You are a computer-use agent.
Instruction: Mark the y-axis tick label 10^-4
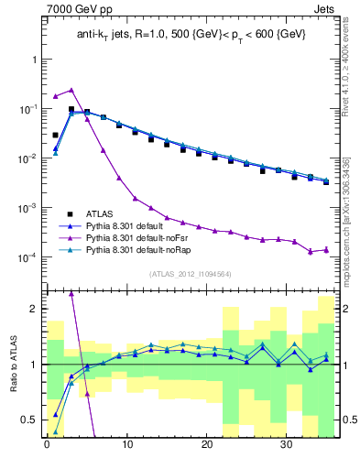click(28, 257)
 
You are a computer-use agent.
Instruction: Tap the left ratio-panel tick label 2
click(34, 309)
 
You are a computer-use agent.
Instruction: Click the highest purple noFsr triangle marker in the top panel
click(71, 90)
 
